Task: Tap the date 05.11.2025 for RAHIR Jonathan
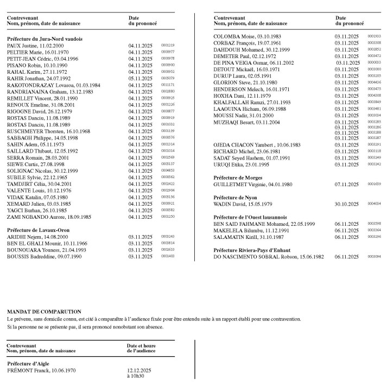pos(140,78)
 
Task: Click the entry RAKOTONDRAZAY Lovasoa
pos(53,85)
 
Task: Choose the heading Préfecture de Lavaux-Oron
pos(38,230)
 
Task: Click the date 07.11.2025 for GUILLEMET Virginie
pos(347,185)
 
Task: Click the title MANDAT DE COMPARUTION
pos(44,312)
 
